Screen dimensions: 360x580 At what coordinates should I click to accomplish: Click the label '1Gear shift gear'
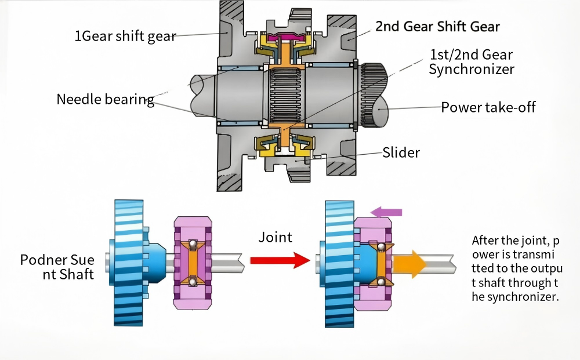(x=125, y=36)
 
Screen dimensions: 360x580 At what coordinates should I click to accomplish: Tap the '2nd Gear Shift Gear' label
(x=437, y=26)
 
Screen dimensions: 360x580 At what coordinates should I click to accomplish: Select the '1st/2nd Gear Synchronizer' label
(x=472, y=62)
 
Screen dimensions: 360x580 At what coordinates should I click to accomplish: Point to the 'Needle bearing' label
(x=105, y=99)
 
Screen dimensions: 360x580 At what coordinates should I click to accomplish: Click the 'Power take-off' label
(x=488, y=107)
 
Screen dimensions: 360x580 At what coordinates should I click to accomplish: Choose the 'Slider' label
(x=401, y=153)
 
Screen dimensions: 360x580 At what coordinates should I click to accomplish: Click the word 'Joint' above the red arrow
(x=275, y=237)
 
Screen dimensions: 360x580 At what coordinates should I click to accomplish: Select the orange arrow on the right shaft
(x=409, y=264)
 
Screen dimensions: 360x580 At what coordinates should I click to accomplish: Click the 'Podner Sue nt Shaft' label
(x=57, y=266)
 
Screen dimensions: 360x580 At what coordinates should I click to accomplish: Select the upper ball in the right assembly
(x=382, y=246)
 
